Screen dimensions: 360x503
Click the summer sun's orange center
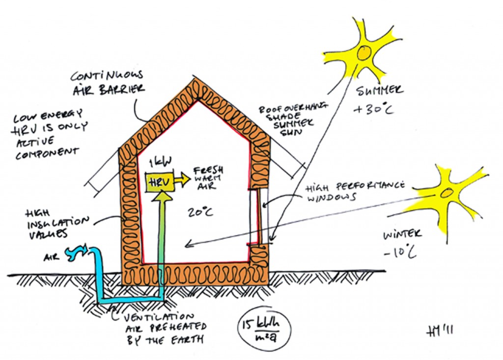(364, 53)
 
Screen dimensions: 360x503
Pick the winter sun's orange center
(447, 193)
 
